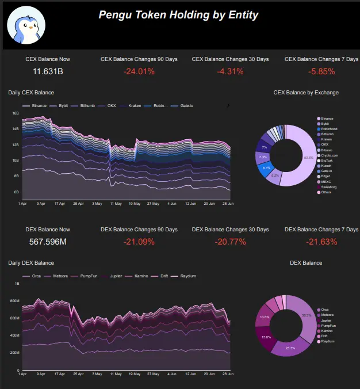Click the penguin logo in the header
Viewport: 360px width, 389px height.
[26, 26]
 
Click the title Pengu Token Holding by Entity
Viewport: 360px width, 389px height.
[178, 15]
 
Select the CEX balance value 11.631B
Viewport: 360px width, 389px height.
[48, 72]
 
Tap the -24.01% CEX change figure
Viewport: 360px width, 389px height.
[139, 72]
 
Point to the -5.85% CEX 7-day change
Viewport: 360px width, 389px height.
[321, 72]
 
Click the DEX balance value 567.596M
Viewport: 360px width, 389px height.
[48, 242]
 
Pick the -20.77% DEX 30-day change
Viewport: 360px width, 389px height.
[230, 242]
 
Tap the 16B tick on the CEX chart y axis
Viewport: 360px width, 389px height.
[16, 113]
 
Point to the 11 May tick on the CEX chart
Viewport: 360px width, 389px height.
[116, 204]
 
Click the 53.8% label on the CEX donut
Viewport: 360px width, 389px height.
[309, 157]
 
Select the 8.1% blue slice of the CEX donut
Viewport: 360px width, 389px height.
[266, 169]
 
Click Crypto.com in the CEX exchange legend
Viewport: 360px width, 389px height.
[330, 155]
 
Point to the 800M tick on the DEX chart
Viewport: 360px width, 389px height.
[14, 301]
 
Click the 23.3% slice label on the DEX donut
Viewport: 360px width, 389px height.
[290, 348]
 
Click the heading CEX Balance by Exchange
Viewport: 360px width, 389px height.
[306, 92]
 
